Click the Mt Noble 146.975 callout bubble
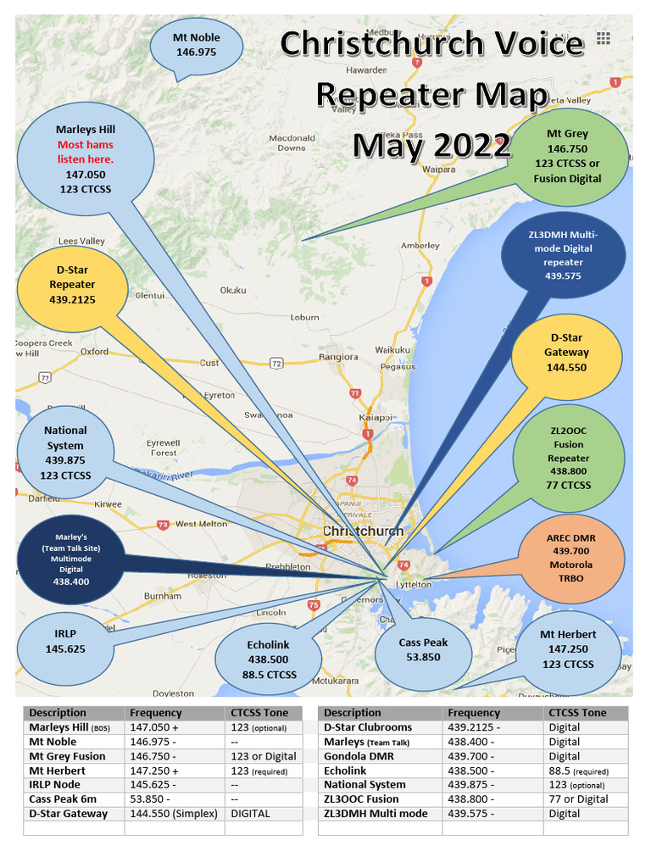pos(196,45)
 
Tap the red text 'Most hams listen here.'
pos(85,152)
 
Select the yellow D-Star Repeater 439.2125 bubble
pos(75,285)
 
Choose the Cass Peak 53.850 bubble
pos(422,649)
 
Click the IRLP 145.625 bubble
pos(64,642)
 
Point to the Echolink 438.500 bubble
pos(268,659)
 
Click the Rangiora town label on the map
pos(314,356)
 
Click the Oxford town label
pos(94,351)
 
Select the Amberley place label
pos(420,245)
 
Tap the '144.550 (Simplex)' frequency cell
pos(174,813)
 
